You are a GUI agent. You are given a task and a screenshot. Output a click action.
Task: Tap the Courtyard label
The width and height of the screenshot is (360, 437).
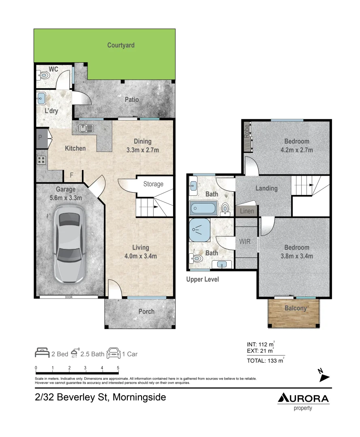tap(121, 45)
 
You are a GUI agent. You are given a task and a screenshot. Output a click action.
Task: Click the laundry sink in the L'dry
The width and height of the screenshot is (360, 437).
tap(41, 97)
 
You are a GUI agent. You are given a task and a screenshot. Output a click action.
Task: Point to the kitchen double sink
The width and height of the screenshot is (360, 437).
tap(86, 128)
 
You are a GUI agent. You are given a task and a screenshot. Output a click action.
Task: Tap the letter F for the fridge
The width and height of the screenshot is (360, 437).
tap(72, 175)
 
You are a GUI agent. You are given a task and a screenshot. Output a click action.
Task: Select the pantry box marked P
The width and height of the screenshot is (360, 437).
tap(41, 138)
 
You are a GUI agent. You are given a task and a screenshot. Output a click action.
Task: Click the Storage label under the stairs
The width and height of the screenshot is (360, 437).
tap(153, 184)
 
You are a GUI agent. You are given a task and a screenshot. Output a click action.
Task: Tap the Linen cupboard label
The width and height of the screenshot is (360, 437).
tap(247, 211)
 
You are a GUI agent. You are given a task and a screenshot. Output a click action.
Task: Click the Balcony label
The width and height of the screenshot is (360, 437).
tap(295, 308)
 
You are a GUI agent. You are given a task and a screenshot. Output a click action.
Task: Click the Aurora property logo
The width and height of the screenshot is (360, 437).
tap(303, 401)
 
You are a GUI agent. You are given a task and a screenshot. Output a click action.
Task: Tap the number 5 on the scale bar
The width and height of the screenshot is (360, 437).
tap(118, 368)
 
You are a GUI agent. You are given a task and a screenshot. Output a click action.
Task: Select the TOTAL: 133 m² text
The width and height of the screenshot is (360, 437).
tap(265, 361)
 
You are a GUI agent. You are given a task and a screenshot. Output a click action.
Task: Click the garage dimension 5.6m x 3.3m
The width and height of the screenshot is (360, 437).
tap(65, 198)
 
